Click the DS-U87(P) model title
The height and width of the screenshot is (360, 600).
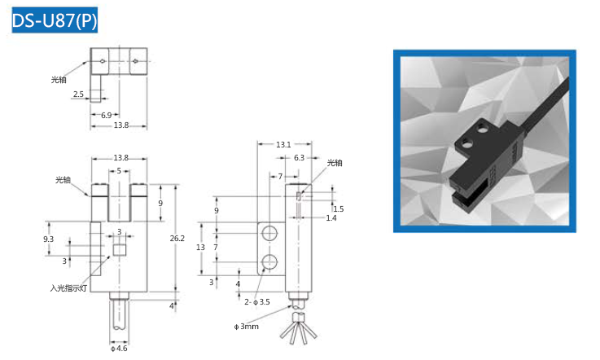point(55,20)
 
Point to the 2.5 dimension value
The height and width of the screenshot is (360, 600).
point(78,95)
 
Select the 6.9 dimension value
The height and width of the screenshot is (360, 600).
point(106,115)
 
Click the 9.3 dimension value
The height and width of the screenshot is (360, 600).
point(48,239)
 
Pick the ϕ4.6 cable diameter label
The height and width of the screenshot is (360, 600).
point(119,349)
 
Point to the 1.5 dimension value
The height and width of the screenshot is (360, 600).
point(339,209)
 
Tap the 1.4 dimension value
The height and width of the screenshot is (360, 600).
point(331,218)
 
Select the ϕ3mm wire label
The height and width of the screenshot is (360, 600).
point(246,327)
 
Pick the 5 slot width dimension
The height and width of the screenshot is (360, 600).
point(119,171)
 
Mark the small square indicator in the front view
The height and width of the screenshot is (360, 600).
point(120,250)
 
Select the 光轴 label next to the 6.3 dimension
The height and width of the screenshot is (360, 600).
point(335,163)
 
